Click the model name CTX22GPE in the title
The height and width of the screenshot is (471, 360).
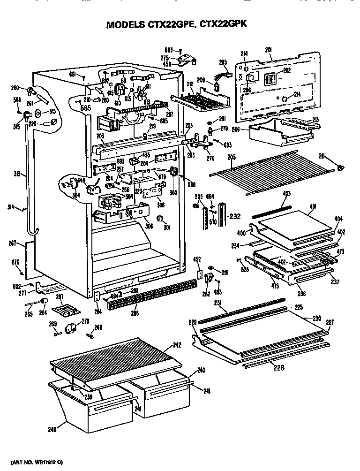158,24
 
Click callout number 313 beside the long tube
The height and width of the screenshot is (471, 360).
17,175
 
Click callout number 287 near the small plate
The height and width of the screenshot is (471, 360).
60,296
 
